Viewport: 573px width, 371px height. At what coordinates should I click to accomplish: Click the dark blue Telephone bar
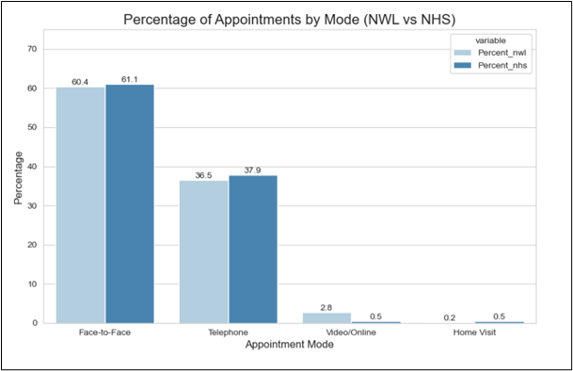coord(253,249)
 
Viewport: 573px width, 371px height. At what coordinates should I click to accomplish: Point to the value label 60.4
coord(80,80)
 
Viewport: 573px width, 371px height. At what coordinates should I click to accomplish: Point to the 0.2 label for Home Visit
coord(450,316)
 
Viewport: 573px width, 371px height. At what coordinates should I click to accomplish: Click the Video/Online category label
coord(351,333)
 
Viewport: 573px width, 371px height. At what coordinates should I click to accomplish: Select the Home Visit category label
coord(474,333)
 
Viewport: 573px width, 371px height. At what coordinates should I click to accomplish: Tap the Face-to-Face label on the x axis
coord(105,333)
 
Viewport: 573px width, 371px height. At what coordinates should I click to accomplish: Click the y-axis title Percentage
coord(20,182)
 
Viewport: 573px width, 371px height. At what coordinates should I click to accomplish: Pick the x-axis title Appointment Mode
coord(290,347)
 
